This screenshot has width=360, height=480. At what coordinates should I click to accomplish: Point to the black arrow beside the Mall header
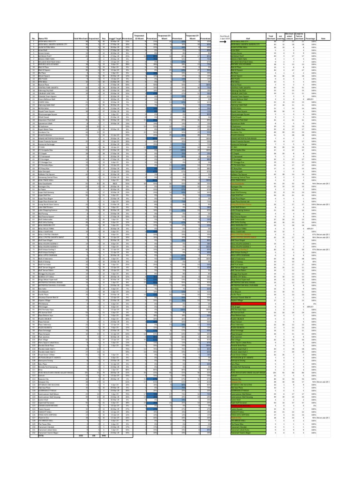pos(225,41)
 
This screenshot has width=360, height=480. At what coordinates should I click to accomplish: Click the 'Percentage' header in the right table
pos(309,39)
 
